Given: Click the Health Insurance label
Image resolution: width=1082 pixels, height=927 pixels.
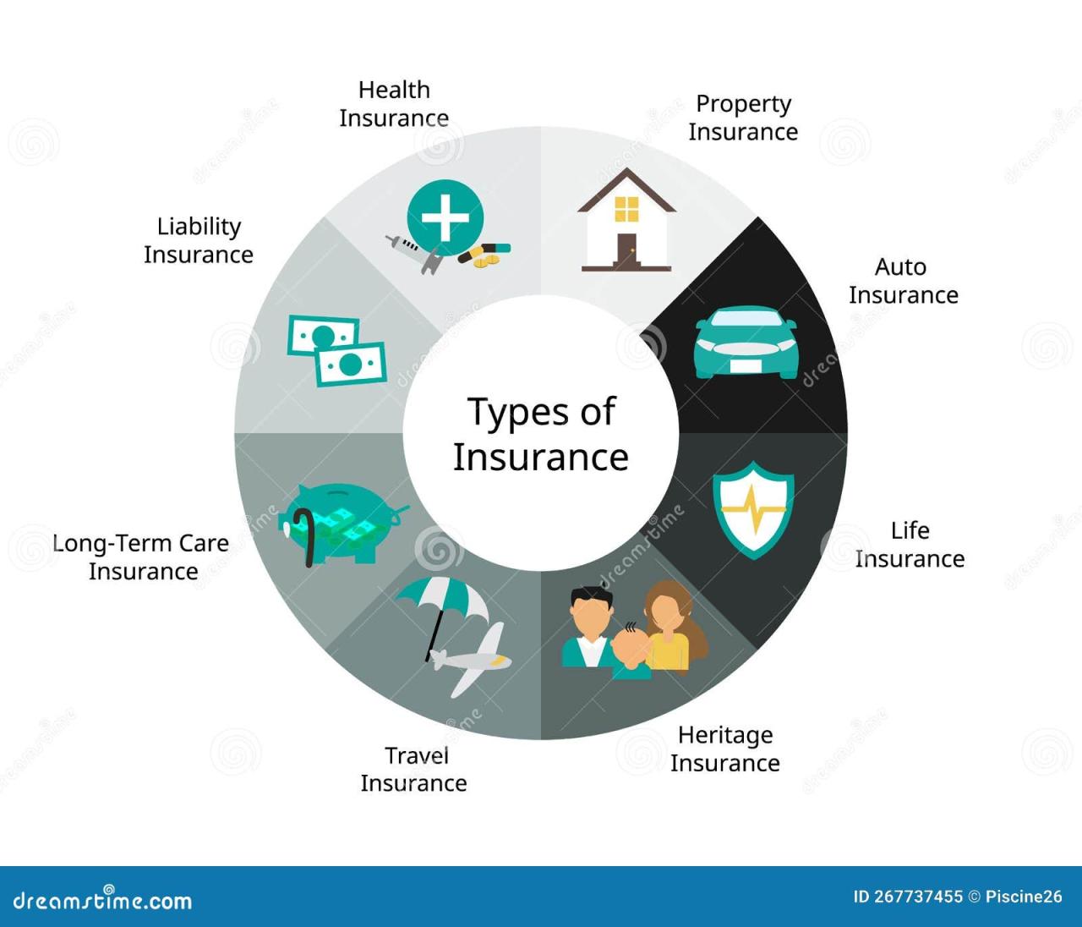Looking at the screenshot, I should (394, 103).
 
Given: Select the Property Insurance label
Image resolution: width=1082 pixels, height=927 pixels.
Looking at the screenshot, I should (743, 118).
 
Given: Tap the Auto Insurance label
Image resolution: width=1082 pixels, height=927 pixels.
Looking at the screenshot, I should (903, 281).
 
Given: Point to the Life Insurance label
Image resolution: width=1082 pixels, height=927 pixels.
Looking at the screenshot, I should (910, 545).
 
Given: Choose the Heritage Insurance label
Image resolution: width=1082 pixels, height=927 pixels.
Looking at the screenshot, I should (725, 749).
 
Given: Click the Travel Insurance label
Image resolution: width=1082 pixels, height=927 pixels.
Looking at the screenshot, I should (414, 769).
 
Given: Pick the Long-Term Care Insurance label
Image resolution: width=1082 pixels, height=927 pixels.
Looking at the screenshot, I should (141, 557).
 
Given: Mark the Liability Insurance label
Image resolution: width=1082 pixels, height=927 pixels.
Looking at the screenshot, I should (199, 240).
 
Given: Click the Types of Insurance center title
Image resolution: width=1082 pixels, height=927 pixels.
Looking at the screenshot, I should (541, 434).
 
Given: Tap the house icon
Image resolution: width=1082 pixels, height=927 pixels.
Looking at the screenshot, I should (626, 221).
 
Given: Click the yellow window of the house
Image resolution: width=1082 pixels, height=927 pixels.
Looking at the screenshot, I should (626, 208).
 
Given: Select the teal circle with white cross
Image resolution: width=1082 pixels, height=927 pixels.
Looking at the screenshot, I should (445, 217).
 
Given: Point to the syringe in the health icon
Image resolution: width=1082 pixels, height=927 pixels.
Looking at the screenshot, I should (405, 246).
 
